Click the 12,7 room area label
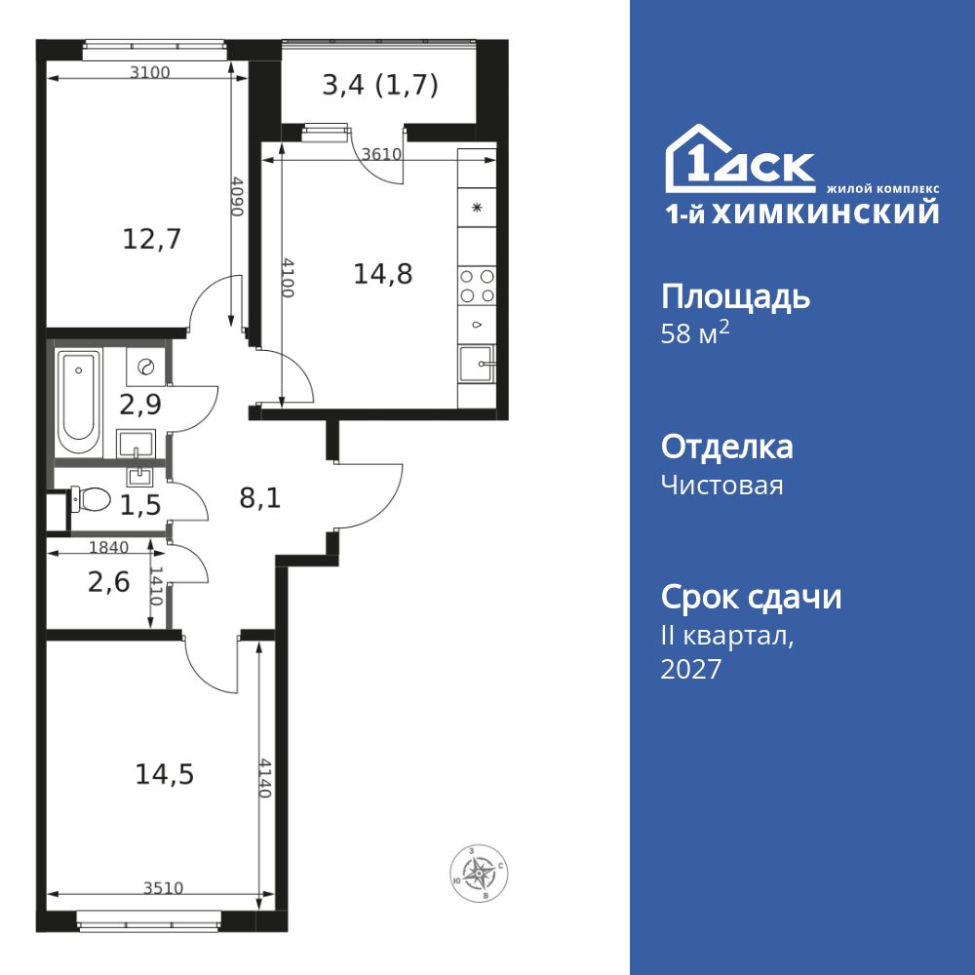pyautogui.click(x=152, y=239)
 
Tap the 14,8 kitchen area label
pyautogui.click(x=383, y=274)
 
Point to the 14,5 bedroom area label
pyautogui.click(x=165, y=775)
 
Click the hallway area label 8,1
pyautogui.click(x=260, y=498)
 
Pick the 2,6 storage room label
pyautogui.click(x=109, y=583)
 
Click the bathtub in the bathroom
pyautogui.click(x=78, y=404)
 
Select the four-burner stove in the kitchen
pyautogui.click(x=477, y=286)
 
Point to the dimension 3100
pyautogui.click(x=149, y=72)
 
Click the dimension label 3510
pyautogui.click(x=164, y=888)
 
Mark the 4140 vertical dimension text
pyautogui.click(x=265, y=778)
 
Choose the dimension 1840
pyautogui.click(x=109, y=547)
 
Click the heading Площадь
pyautogui.click(x=735, y=297)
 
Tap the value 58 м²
pyautogui.click(x=695, y=332)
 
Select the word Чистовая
pyautogui.click(x=721, y=485)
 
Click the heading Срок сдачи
pyautogui.click(x=751, y=597)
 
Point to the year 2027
pyautogui.click(x=691, y=669)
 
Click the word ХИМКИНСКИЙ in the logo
pyautogui.click(x=825, y=214)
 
